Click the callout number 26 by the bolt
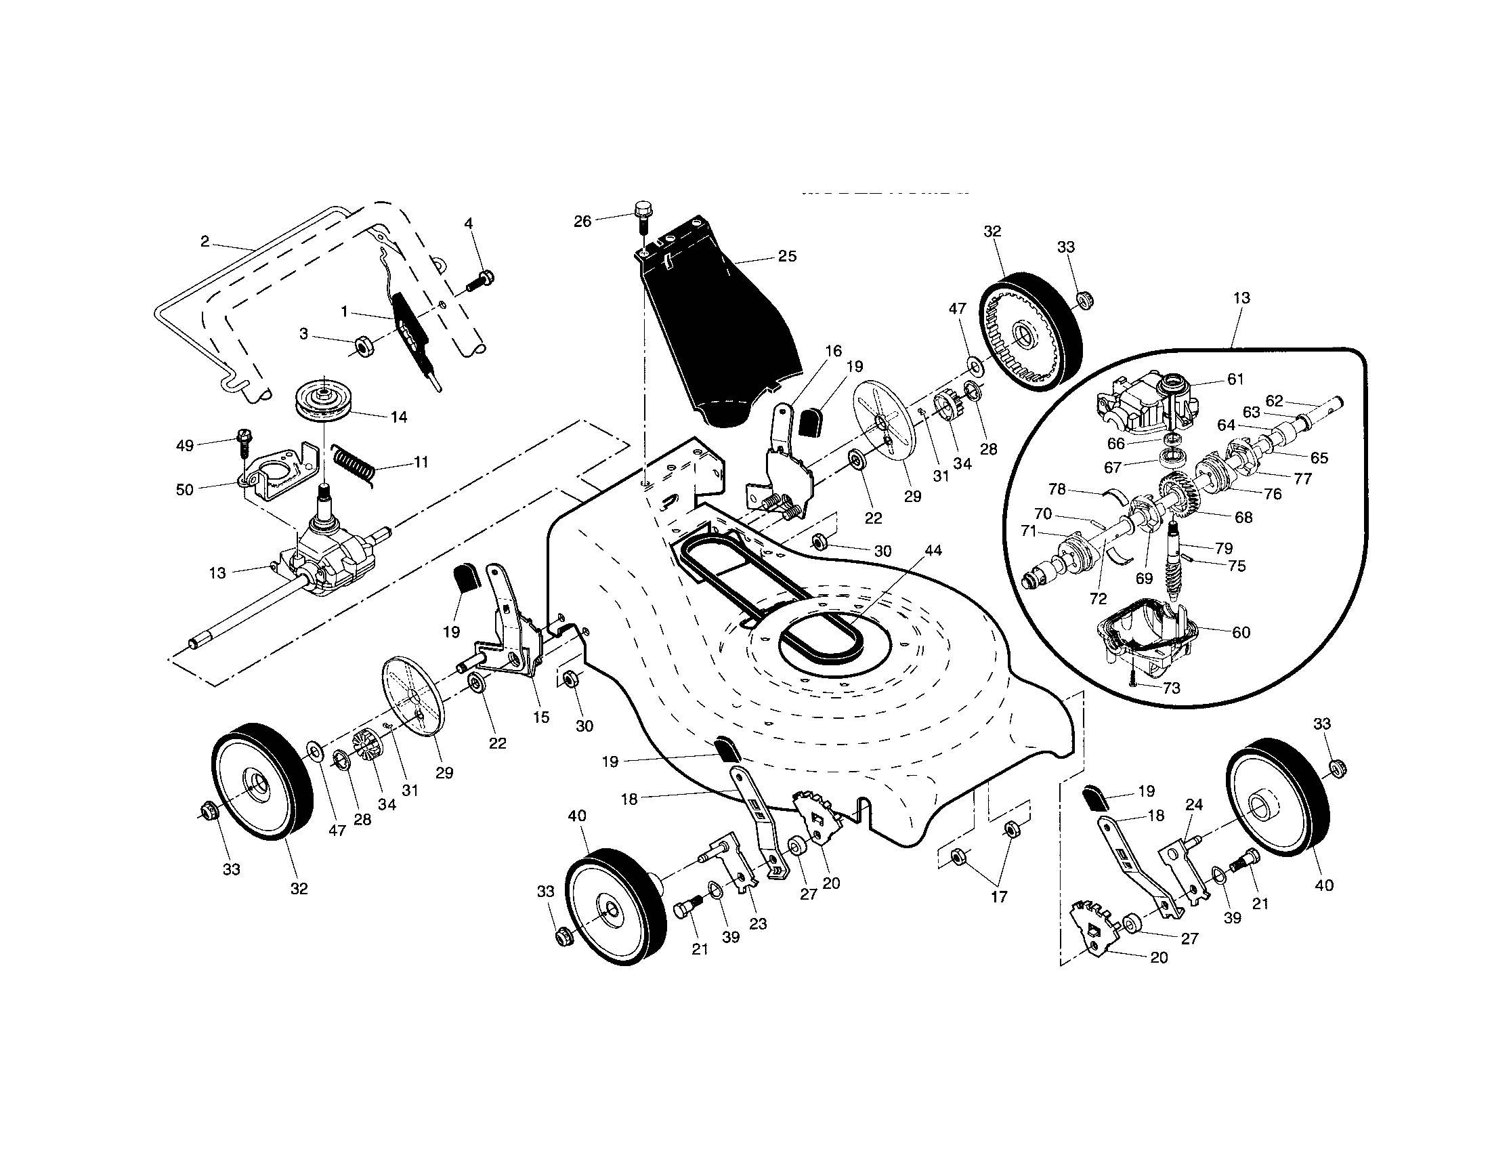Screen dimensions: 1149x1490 582,222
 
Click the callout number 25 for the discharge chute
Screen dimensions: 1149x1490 786,257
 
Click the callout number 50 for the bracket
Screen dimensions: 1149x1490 185,490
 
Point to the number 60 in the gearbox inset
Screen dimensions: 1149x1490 1241,633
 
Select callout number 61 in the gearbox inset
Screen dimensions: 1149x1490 1235,379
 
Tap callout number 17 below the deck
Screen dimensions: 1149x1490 999,897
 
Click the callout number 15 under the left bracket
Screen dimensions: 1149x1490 541,717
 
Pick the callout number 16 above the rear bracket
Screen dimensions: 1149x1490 833,352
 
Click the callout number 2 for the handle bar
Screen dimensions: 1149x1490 205,241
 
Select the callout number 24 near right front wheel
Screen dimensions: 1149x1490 1194,804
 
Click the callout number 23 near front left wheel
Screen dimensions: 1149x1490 758,924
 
